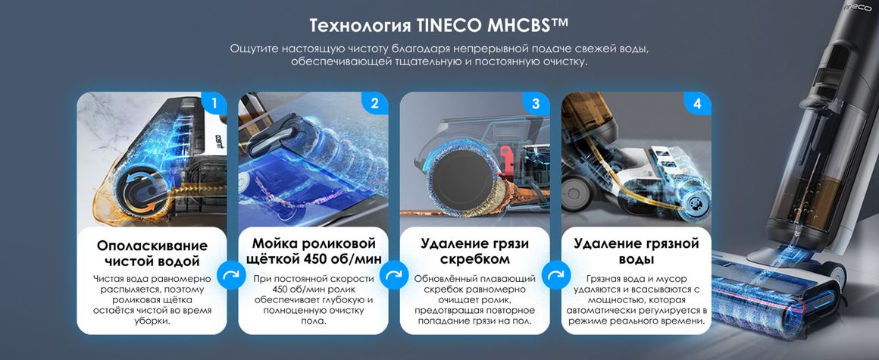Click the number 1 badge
point(214,104)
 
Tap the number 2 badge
point(375,104)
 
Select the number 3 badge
point(536,104)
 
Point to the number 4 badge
point(697,104)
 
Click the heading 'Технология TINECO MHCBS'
point(439,25)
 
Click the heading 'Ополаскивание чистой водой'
point(152,253)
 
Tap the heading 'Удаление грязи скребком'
point(475,251)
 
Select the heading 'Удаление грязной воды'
point(637,251)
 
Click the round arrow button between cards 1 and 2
point(232,275)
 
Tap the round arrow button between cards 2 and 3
point(393,275)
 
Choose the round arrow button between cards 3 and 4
point(555,275)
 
